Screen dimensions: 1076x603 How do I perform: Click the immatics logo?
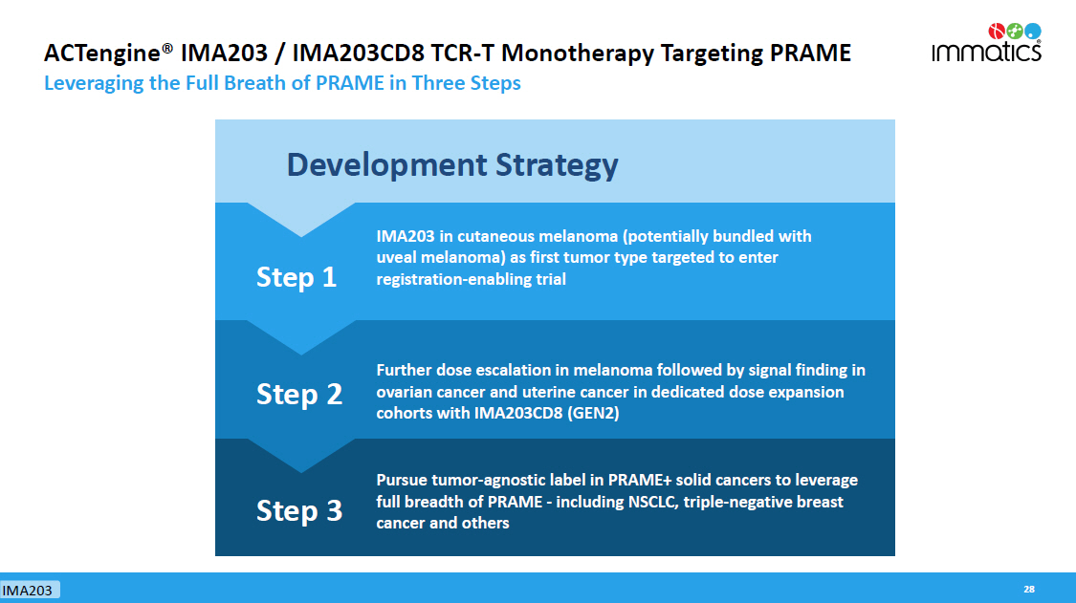(x=987, y=43)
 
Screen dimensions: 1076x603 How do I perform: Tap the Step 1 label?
(x=296, y=277)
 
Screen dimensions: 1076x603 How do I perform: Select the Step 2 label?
(x=299, y=395)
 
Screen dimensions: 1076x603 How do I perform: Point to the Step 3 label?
(x=299, y=511)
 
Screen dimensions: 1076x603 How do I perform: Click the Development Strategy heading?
(x=452, y=165)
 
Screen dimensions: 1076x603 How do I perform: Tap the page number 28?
(x=1028, y=590)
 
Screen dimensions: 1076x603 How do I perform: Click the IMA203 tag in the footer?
(x=28, y=590)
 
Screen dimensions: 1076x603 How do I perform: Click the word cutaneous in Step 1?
(x=495, y=236)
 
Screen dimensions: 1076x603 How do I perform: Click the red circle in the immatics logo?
(x=997, y=31)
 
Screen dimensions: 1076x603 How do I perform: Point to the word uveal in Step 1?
(x=396, y=258)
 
